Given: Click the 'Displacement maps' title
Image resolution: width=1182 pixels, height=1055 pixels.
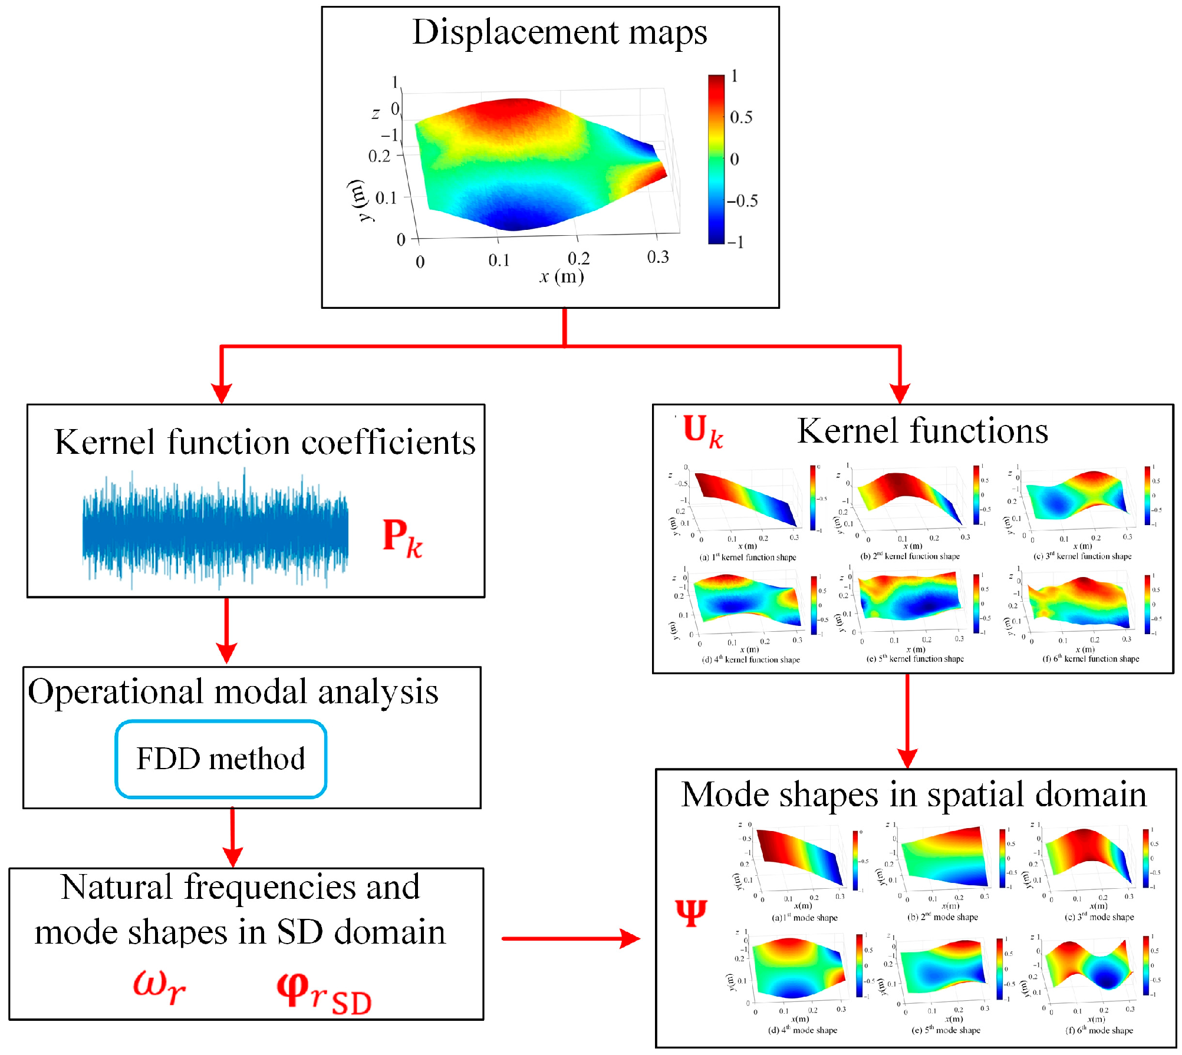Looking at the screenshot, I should coord(559,32).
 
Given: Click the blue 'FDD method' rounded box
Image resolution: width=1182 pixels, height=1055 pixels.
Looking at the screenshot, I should coord(220,759).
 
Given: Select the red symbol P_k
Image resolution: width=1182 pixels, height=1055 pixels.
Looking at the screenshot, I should coord(402,538).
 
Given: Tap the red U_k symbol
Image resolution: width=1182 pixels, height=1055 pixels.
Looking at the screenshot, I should coord(702,431).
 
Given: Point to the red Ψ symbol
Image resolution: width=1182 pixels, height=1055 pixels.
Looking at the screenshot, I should coord(691,913).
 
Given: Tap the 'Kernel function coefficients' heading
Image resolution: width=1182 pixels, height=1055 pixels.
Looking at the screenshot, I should coord(265,442).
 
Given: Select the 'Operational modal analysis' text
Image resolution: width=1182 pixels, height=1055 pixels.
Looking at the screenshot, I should coord(233,692).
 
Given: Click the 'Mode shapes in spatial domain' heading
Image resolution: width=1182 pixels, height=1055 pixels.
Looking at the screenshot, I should coord(914,794).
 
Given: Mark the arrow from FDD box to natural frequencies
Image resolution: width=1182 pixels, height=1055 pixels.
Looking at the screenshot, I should coord(233,837).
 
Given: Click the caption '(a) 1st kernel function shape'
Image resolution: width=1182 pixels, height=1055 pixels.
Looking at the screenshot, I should coord(748,558).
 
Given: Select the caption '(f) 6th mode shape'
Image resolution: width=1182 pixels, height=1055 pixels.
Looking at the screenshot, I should coord(1099,1030).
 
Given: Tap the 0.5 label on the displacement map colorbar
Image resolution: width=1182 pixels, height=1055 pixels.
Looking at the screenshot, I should coord(741,117).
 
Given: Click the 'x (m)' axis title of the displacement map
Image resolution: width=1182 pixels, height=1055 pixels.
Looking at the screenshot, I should coord(561,276).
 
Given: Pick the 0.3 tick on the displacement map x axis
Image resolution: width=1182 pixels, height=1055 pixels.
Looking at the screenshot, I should coord(658,258).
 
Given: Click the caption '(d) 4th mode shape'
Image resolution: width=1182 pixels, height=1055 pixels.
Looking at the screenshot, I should coord(802,1030).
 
